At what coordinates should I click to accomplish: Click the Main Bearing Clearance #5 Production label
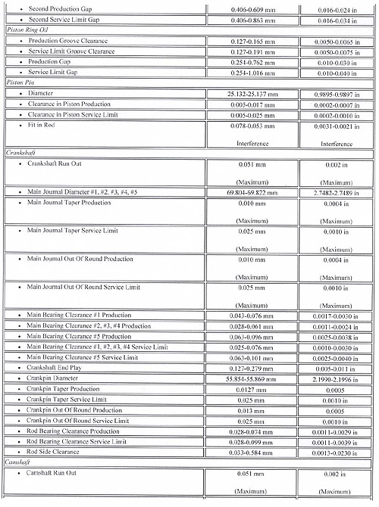pos(79,335)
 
